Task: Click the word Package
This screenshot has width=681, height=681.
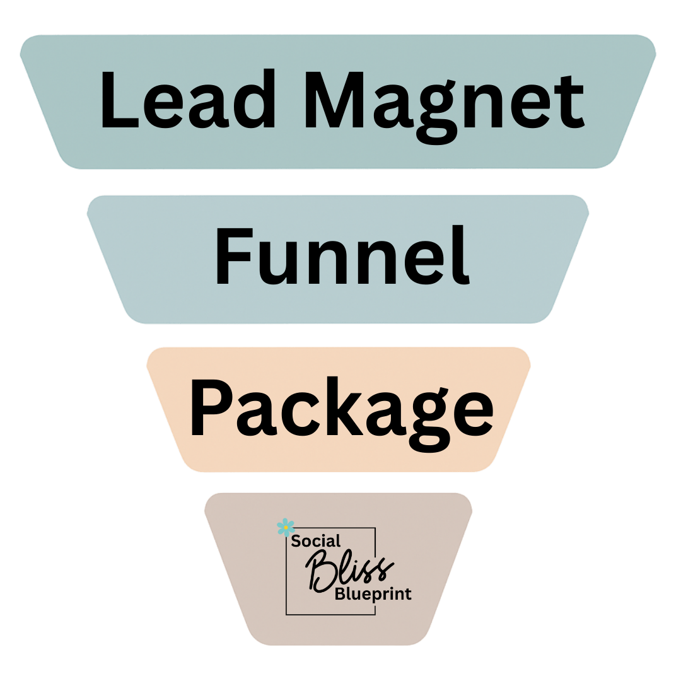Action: pos(340,409)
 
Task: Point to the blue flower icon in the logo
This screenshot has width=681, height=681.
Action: pos(285,527)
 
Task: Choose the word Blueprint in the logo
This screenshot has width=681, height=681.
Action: pos(373,593)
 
